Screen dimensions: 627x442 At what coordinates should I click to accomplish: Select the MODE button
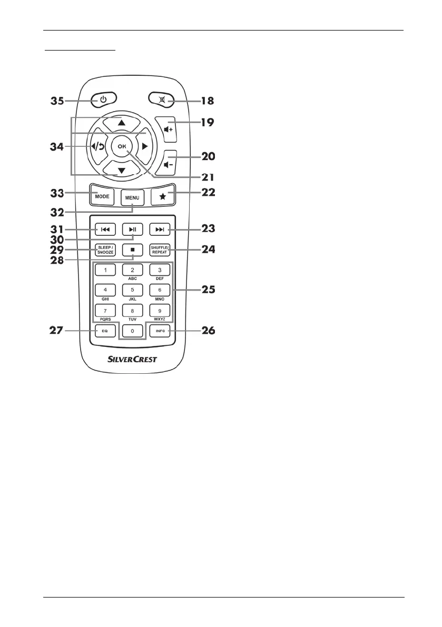[102, 196]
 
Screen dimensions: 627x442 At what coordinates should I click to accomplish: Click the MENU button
[132, 198]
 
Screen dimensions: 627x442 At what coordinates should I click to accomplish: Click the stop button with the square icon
[132, 250]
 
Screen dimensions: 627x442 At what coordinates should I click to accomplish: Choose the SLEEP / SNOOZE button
[104, 250]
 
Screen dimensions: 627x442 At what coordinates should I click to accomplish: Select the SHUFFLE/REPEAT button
[160, 250]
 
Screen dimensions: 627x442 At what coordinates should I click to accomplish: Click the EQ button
[104, 331]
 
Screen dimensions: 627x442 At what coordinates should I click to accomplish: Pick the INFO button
[160, 331]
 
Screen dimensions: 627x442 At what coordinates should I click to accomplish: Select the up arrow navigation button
[122, 122]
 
